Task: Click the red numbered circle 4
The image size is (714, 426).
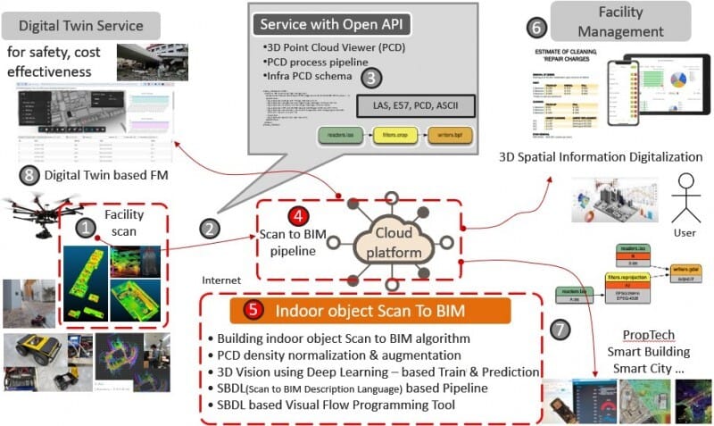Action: click(295, 216)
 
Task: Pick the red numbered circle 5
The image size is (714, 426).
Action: click(254, 311)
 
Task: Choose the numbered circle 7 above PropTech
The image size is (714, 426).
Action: click(560, 329)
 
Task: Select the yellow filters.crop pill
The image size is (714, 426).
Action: click(395, 136)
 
